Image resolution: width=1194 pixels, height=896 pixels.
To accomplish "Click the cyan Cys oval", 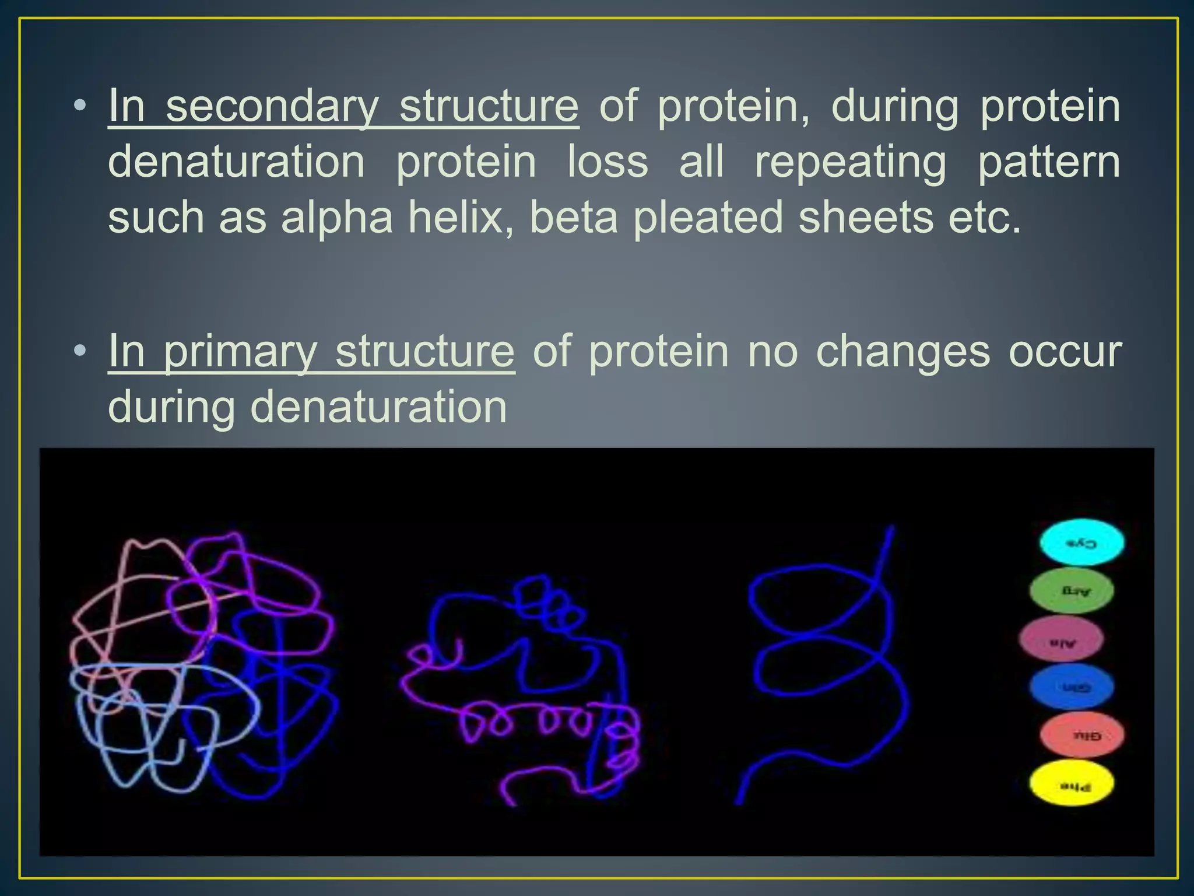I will coord(1081,542).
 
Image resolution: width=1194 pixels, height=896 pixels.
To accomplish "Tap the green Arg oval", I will coord(1072,590).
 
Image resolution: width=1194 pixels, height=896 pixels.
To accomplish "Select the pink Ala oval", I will coord(1061,639).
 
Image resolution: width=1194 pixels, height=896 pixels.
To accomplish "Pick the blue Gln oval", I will coord(1072,687).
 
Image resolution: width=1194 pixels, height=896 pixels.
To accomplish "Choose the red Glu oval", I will coord(1081,735).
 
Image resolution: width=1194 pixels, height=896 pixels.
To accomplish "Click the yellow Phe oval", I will coord(1072,783).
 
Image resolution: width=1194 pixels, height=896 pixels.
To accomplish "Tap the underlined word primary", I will coord(240,352).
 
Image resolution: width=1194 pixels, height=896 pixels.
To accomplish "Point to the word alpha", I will coord(336,218).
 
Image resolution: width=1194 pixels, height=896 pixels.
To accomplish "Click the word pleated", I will coord(707,218).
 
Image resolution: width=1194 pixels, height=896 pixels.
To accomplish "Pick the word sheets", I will coord(865,217).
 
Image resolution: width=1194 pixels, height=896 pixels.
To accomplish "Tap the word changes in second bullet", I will coord(902,352).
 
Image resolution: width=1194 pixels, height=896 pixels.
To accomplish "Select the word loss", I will coord(607,162).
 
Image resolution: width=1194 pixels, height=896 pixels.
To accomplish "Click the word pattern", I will coord(1048,162).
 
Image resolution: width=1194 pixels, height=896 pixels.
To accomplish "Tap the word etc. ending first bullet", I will coord(985,217).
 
